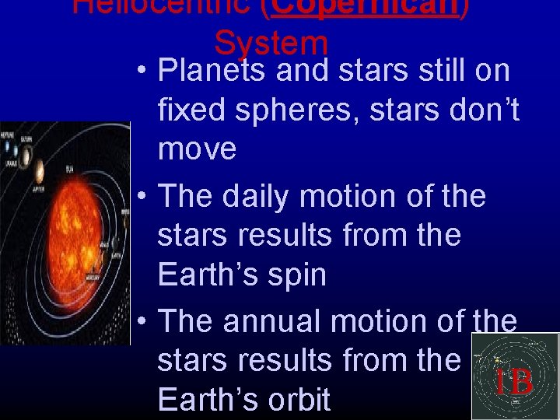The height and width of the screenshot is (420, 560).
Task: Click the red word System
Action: pyautogui.click(x=271, y=44)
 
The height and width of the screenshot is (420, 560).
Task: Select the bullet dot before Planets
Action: pyautogui.click(x=141, y=72)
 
